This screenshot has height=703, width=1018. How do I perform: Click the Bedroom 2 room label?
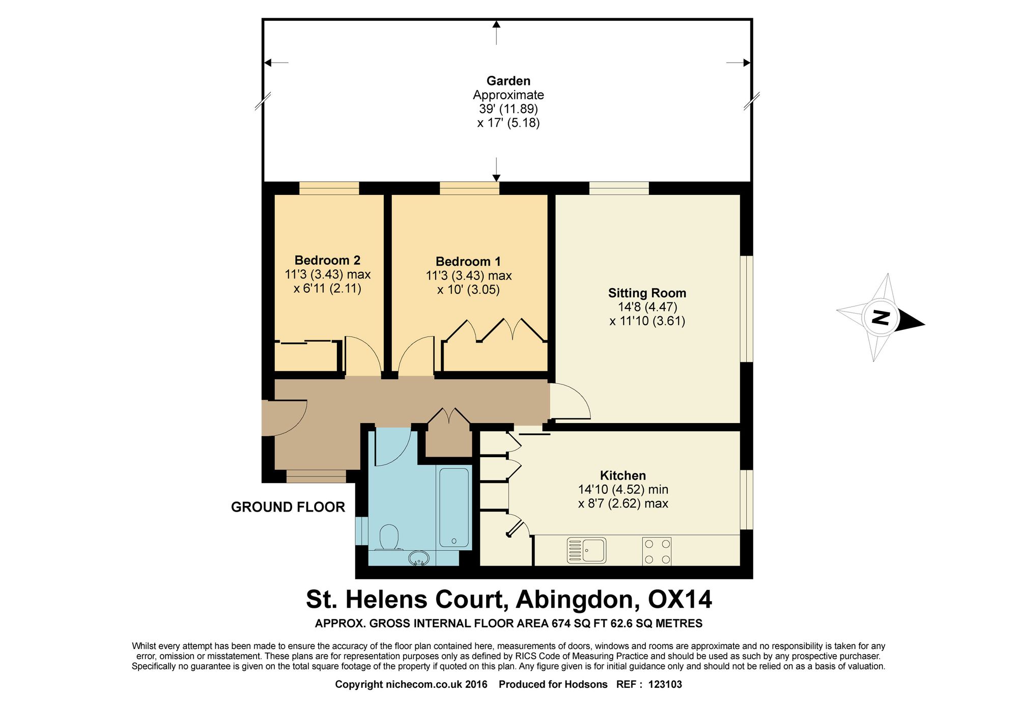pyautogui.click(x=327, y=260)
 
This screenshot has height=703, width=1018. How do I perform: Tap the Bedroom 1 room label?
pyautogui.click(x=468, y=262)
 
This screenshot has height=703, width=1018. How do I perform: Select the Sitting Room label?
pyautogui.click(x=647, y=293)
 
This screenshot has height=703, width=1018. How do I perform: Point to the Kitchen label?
pyautogui.click(x=623, y=475)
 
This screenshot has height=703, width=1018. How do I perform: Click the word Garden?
pyautogui.click(x=508, y=81)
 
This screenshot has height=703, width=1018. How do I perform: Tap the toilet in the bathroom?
pyautogui.click(x=389, y=538)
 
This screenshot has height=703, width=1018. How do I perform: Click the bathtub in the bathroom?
pyautogui.click(x=454, y=508)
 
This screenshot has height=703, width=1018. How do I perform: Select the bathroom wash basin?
pyautogui.click(x=418, y=558)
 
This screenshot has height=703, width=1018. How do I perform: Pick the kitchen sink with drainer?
pyautogui.click(x=586, y=550)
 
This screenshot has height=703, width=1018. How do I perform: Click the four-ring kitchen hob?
pyautogui.click(x=657, y=551)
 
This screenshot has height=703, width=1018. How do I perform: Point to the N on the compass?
pyautogui.click(x=881, y=318)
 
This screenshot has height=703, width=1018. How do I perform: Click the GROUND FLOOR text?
pyautogui.click(x=288, y=507)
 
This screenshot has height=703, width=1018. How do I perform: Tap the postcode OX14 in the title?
pyautogui.click(x=680, y=599)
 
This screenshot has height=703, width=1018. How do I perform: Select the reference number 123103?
pyautogui.click(x=665, y=684)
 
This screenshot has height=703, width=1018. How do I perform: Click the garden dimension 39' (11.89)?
pyautogui.click(x=508, y=109)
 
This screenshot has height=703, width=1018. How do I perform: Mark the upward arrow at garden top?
pyautogui.click(x=496, y=33)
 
